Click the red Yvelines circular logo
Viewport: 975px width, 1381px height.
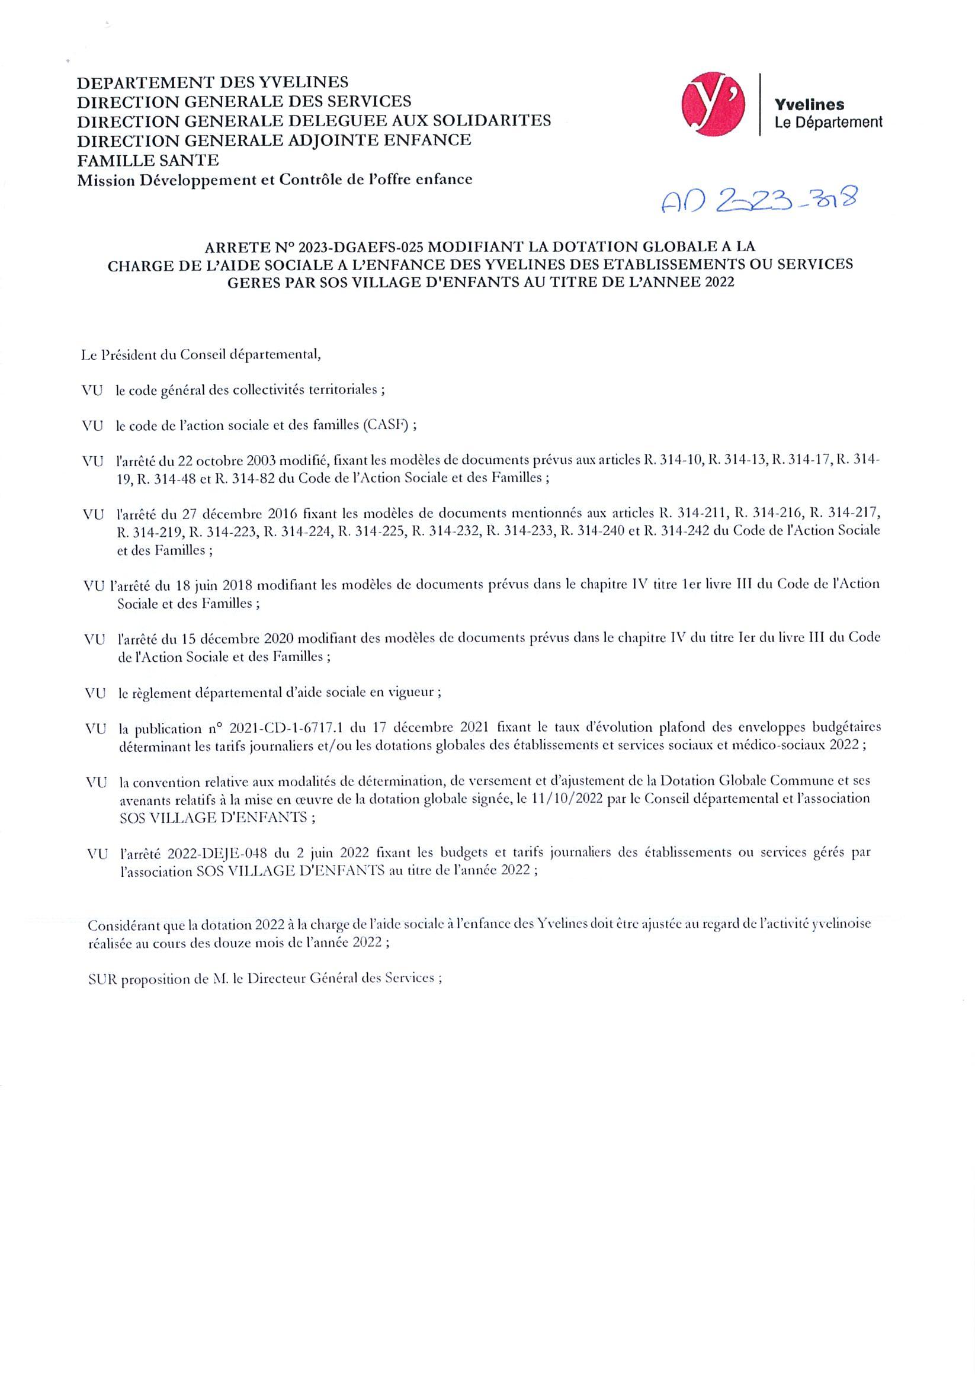click(713, 104)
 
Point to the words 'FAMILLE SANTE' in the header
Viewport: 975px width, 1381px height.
click(147, 160)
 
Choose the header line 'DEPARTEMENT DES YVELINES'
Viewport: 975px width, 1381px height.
click(212, 82)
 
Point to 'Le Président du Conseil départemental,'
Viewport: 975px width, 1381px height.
click(201, 355)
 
